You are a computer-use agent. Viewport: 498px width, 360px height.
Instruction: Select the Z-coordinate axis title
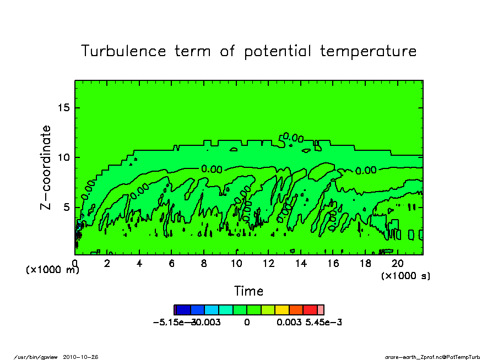(46, 167)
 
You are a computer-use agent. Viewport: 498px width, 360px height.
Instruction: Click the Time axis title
(248, 291)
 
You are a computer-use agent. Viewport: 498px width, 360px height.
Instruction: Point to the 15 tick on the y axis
(64, 107)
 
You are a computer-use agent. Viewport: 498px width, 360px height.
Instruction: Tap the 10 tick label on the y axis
(64, 157)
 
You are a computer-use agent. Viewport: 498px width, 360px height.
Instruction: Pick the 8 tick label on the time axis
(204, 264)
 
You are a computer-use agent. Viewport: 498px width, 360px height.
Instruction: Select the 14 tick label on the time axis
(301, 264)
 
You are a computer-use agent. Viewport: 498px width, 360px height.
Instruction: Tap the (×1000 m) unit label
(53, 270)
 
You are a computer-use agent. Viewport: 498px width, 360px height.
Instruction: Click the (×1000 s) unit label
(405, 275)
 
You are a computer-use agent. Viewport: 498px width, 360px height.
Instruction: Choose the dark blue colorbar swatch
(183, 310)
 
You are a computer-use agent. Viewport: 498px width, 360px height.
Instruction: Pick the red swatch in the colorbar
(310, 310)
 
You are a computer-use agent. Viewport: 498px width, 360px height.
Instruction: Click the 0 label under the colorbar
(247, 322)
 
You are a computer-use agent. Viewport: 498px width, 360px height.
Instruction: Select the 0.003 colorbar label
(289, 322)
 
